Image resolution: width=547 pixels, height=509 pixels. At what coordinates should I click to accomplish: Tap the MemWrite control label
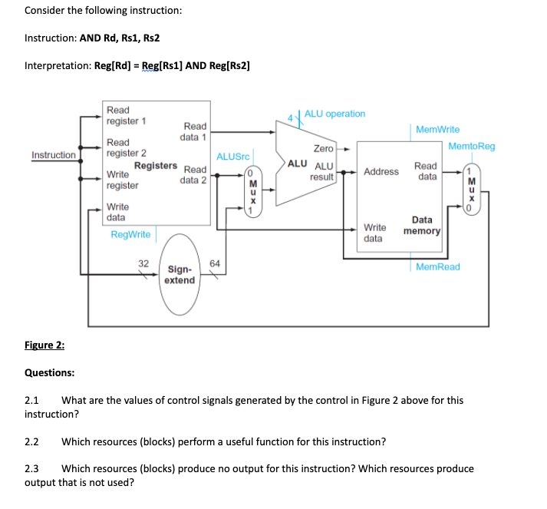tap(437, 130)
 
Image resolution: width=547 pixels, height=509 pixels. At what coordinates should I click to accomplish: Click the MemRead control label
tap(438, 267)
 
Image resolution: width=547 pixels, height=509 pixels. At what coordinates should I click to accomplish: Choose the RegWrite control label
tap(130, 234)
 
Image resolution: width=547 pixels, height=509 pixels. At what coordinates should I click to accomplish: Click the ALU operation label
tap(334, 114)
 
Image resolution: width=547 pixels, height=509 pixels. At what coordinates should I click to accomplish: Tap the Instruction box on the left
tap(54, 156)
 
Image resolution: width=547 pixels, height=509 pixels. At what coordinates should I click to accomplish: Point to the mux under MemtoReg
tap(475, 192)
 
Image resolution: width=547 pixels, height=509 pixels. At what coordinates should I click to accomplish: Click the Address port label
tap(381, 171)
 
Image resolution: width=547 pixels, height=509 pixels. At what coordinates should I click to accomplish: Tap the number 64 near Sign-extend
tap(214, 263)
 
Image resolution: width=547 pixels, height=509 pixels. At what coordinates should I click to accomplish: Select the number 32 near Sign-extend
tap(143, 263)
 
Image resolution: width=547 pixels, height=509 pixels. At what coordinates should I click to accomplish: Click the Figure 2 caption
tap(44, 345)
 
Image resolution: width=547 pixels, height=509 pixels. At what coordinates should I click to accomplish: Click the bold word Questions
tap(50, 373)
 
